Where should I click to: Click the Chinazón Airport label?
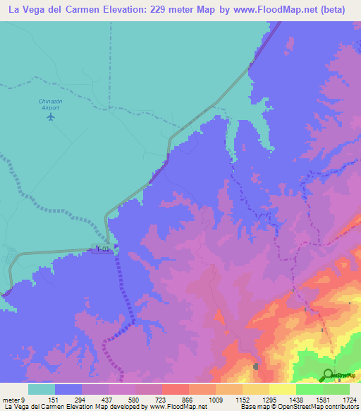tap(50, 104)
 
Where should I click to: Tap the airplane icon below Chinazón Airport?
tap(50, 117)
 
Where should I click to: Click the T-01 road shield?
tap(104, 249)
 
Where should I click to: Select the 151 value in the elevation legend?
tap(53, 399)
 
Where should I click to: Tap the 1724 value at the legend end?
tap(349, 399)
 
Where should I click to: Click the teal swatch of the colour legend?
tap(41, 389)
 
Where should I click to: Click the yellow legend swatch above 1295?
tap(255, 389)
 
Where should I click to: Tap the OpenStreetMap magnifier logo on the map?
tap(328, 375)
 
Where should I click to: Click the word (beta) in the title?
tap(342, 10)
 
